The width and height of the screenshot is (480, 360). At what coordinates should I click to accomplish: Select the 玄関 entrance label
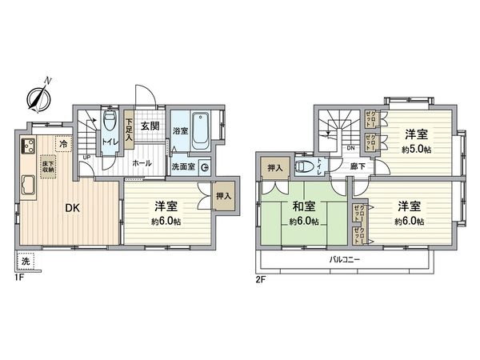tap(150, 126)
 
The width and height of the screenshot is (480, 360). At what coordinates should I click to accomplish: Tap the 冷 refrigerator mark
tap(62, 143)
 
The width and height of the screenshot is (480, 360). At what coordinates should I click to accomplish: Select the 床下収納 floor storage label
tap(49, 166)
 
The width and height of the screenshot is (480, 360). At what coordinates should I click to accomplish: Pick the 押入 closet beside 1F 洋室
tap(224, 197)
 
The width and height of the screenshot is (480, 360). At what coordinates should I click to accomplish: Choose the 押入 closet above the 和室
tap(274, 169)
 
